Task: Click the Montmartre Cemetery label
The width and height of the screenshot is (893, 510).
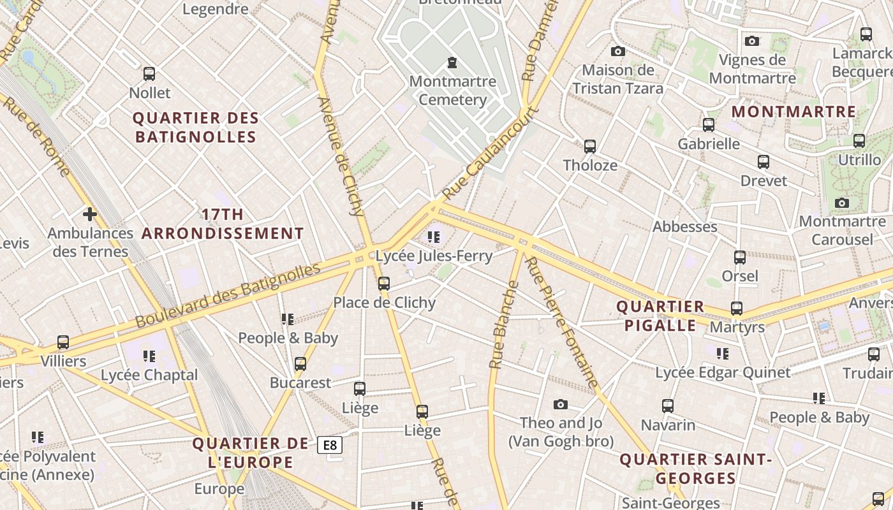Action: pyautogui.click(x=452, y=91)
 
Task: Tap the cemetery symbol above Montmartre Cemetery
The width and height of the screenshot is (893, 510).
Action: pyautogui.click(x=452, y=62)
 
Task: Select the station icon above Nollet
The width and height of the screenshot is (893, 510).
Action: pyautogui.click(x=149, y=74)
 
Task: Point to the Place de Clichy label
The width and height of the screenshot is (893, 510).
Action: pyautogui.click(x=385, y=302)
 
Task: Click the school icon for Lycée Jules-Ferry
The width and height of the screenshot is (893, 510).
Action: pyautogui.click(x=434, y=238)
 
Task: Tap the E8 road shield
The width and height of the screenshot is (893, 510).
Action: pyautogui.click(x=330, y=445)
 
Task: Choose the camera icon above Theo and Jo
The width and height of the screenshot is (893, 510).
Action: pyautogui.click(x=561, y=404)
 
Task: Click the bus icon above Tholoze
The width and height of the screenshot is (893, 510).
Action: pyautogui.click(x=590, y=147)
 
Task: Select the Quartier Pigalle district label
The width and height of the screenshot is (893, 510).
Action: pyautogui.click(x=660, y=316)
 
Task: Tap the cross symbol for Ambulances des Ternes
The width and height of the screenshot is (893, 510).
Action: pyautogui.click(x=90, y=214)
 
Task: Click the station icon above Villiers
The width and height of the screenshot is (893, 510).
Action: pyautogui.click(x=63, y=342)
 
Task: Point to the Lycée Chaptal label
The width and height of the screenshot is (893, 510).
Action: pyautogui.click(x=149, y=375)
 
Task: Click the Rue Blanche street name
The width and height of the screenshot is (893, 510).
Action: pyautogui.click(x=504, y=325)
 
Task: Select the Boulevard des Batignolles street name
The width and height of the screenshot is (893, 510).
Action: pyautogui.click(x=228, y=295)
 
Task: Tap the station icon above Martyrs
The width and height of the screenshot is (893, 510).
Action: pyautogui.click(x=737, y=309)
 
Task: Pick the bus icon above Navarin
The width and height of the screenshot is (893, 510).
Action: pyautogui.click(x=668, y=405)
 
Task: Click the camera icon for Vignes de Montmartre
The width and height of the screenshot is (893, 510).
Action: pyautogui.click(x=752, y=41)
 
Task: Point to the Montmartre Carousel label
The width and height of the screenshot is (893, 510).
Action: pyautogui.click(x=842, y=230)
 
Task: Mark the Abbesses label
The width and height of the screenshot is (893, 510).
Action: pyautogui.click(x=685, y=226)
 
